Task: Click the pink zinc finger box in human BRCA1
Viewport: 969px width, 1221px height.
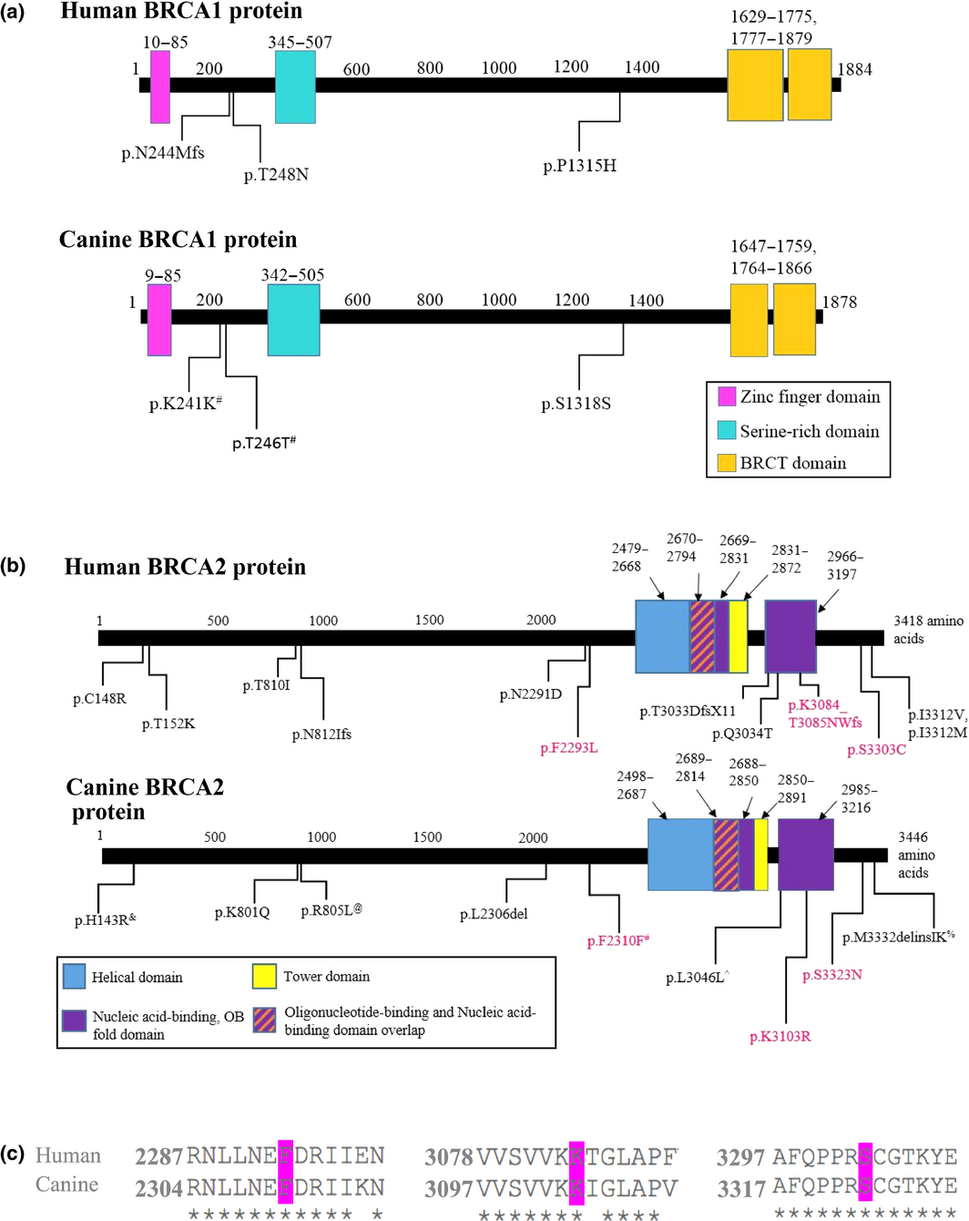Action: click(x=160, y=87)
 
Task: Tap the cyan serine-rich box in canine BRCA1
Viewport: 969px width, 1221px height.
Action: click(x=293, y=319)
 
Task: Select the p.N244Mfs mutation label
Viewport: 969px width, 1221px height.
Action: click(x=163, y=153)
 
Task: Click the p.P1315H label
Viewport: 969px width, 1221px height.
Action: click(x=579, y=166)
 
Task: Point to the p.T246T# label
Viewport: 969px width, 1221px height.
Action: click(x=264, y=443)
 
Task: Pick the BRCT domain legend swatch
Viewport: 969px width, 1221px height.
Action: click(x=727, y=463)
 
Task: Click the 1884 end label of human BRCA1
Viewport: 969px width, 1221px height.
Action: click(x=854, y=69)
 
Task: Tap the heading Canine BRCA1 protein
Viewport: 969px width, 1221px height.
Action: click(x=178, y=240)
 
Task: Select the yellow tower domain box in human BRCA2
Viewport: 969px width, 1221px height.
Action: click(x=738, y=636)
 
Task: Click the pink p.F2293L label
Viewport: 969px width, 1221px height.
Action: click(x=568, y=748)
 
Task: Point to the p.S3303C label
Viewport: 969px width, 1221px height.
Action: click(x=876, y=750)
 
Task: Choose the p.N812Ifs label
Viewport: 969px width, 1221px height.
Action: click(x=321, y=734)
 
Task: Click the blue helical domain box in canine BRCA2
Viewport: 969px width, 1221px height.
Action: click(x=679, y=854)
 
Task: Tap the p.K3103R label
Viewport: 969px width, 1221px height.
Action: click(x=780, y=1037)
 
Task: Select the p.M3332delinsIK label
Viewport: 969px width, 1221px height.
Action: click(x=898, y=938)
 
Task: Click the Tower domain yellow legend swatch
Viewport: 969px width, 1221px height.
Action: click(x=264, y=976)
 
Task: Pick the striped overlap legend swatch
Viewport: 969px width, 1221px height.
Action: click(x=264, y=1020)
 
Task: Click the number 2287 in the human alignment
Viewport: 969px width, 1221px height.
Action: click(x=158, y=1157)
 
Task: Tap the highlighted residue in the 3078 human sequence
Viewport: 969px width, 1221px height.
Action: click(x=576, y=1156)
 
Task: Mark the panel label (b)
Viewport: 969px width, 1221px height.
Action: click(x=14, y=565)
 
